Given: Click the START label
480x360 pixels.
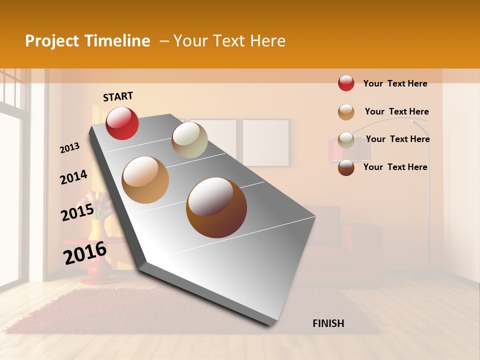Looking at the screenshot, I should click(118, 96).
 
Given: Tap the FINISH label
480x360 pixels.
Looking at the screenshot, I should click(328, 323).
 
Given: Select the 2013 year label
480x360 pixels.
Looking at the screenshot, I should click(70, 148).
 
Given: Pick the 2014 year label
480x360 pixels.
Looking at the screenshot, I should click(73, 177).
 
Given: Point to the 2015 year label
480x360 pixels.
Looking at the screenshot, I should click(77, 212).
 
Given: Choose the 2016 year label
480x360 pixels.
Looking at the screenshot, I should click(85, 252).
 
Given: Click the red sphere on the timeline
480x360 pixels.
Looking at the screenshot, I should click(122, 123).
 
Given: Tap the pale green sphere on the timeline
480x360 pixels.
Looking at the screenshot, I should click(189, 140).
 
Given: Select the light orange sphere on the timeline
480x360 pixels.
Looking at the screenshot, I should click(145, 180).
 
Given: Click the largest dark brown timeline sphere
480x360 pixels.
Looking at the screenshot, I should click(216, 207).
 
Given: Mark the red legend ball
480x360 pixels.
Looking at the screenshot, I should click(346, 83).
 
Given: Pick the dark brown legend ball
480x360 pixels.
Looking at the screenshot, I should click(346, 167).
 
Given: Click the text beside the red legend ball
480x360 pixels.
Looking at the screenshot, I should click(395, 83).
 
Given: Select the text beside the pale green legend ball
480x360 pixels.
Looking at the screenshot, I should click(397, 139).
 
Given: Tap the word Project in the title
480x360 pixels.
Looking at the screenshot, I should click(51, 41).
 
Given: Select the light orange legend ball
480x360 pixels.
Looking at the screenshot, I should click(346, 112).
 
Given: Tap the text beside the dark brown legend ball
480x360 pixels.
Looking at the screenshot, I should click(395, 167).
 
